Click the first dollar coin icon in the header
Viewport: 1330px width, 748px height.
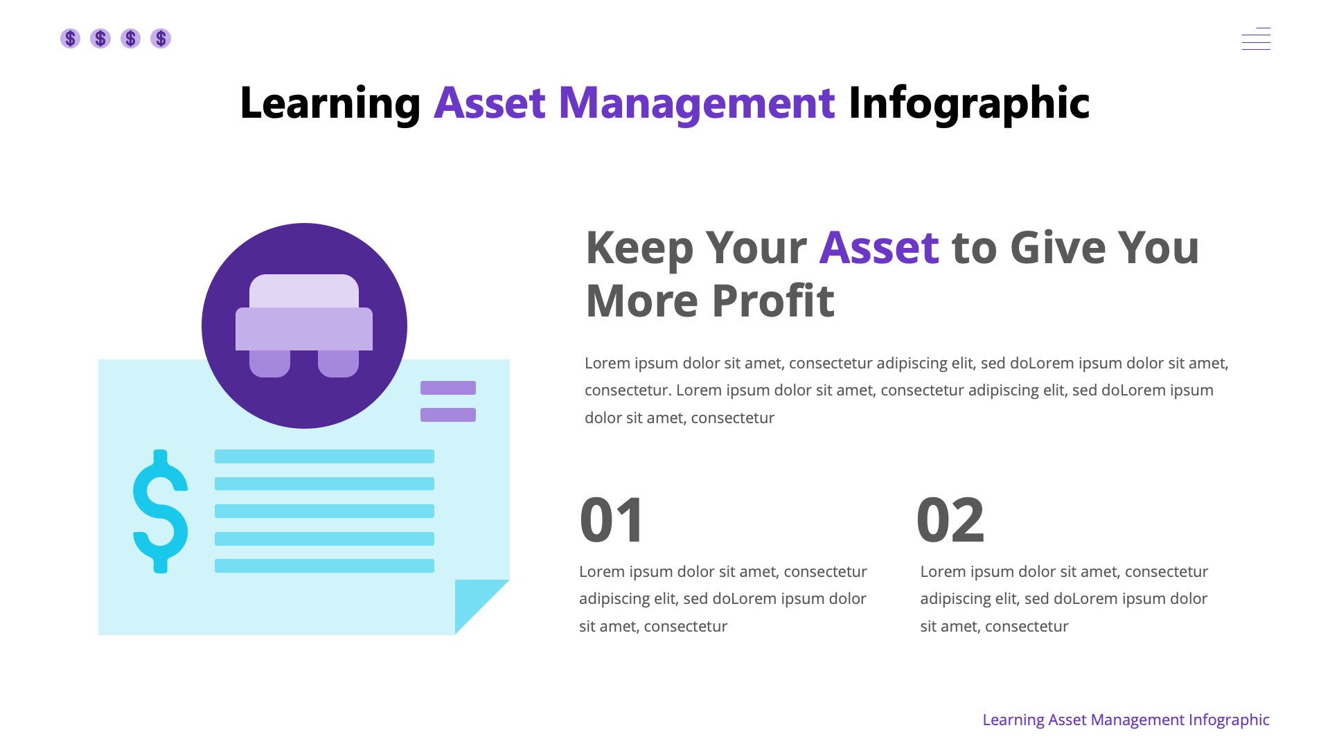pos(70,38)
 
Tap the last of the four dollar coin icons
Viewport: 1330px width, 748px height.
pos(161,38)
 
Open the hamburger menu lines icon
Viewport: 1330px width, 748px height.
pos(1256,39)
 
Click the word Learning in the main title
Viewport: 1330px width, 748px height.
pos(330,103)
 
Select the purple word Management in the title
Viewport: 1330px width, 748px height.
pos(696,103)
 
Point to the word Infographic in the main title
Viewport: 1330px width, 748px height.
pos(968,103)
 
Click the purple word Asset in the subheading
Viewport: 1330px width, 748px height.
pos(879,247)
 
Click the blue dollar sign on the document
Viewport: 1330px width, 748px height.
pos(161,511)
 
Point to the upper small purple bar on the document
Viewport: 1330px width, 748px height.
pos(448,388)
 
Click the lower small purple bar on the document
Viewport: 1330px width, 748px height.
pos(448,415)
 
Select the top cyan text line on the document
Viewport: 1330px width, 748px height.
pos(324,456)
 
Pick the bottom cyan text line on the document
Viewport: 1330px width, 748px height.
pos(324,566)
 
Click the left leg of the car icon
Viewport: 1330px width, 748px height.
pos(269,364)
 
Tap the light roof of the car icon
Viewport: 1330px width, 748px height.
pos(304,290)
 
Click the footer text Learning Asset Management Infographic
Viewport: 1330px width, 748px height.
pos(1126,720)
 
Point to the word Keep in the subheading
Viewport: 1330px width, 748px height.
pos(639,247)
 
